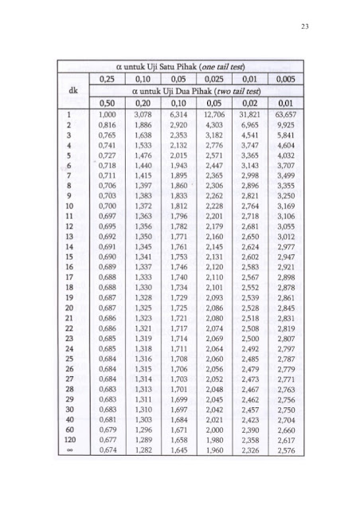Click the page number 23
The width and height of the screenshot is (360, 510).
[x=305, y=28]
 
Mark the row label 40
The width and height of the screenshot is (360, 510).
[x=70, y=415]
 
